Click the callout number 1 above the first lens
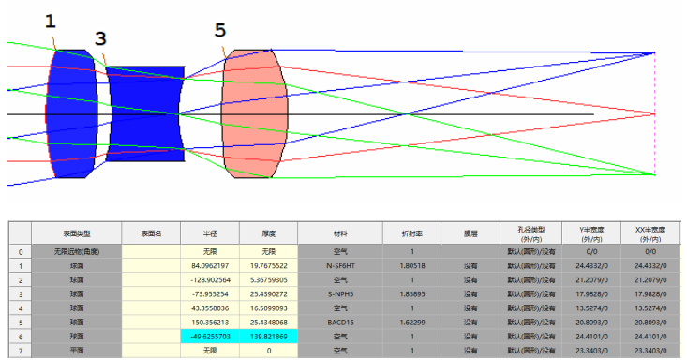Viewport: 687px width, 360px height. [51, 20]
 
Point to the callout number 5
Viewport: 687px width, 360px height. [219, 31]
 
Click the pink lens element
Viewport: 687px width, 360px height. [252, 114]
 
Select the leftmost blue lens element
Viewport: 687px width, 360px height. [71, 114]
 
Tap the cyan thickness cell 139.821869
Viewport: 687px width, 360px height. [268, 335]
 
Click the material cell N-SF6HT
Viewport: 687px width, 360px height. [340, 265]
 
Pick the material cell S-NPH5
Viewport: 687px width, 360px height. [340, 293]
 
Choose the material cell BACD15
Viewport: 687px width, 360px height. [340, 322]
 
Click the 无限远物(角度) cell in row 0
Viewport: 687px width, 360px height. [76, 252]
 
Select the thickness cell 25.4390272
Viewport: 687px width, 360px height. [268, 293]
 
